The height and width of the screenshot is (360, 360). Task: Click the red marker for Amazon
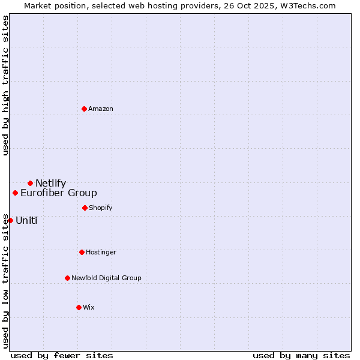(84, 109)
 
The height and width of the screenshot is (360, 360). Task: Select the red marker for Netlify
(30, 183)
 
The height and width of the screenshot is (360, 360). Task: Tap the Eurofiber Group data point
(15, 193)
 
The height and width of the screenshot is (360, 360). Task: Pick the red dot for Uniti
(10, 220)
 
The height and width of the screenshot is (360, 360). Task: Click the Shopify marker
(85, 208)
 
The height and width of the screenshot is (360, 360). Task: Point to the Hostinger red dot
(82, 252)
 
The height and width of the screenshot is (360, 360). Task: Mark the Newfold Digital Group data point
(67, 278)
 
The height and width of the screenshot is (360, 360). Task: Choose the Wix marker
(79, 307)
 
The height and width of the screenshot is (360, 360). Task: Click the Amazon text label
(101, 109)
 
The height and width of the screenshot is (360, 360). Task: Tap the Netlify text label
(50, 184)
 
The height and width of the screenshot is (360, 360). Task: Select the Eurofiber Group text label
(59, 193)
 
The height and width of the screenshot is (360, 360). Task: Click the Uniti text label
(26, 221)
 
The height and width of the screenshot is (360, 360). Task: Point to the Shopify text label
(101, 208)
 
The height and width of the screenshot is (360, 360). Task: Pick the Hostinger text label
(101, 252)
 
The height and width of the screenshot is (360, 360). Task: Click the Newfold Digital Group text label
(106, 278)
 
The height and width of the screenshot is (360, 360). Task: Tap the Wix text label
(89, 307)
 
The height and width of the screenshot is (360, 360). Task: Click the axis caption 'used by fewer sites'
(62, 355)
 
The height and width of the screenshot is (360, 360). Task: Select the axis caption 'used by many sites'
(301, 355)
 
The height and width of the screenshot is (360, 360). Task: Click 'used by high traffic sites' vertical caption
(5, 86)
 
